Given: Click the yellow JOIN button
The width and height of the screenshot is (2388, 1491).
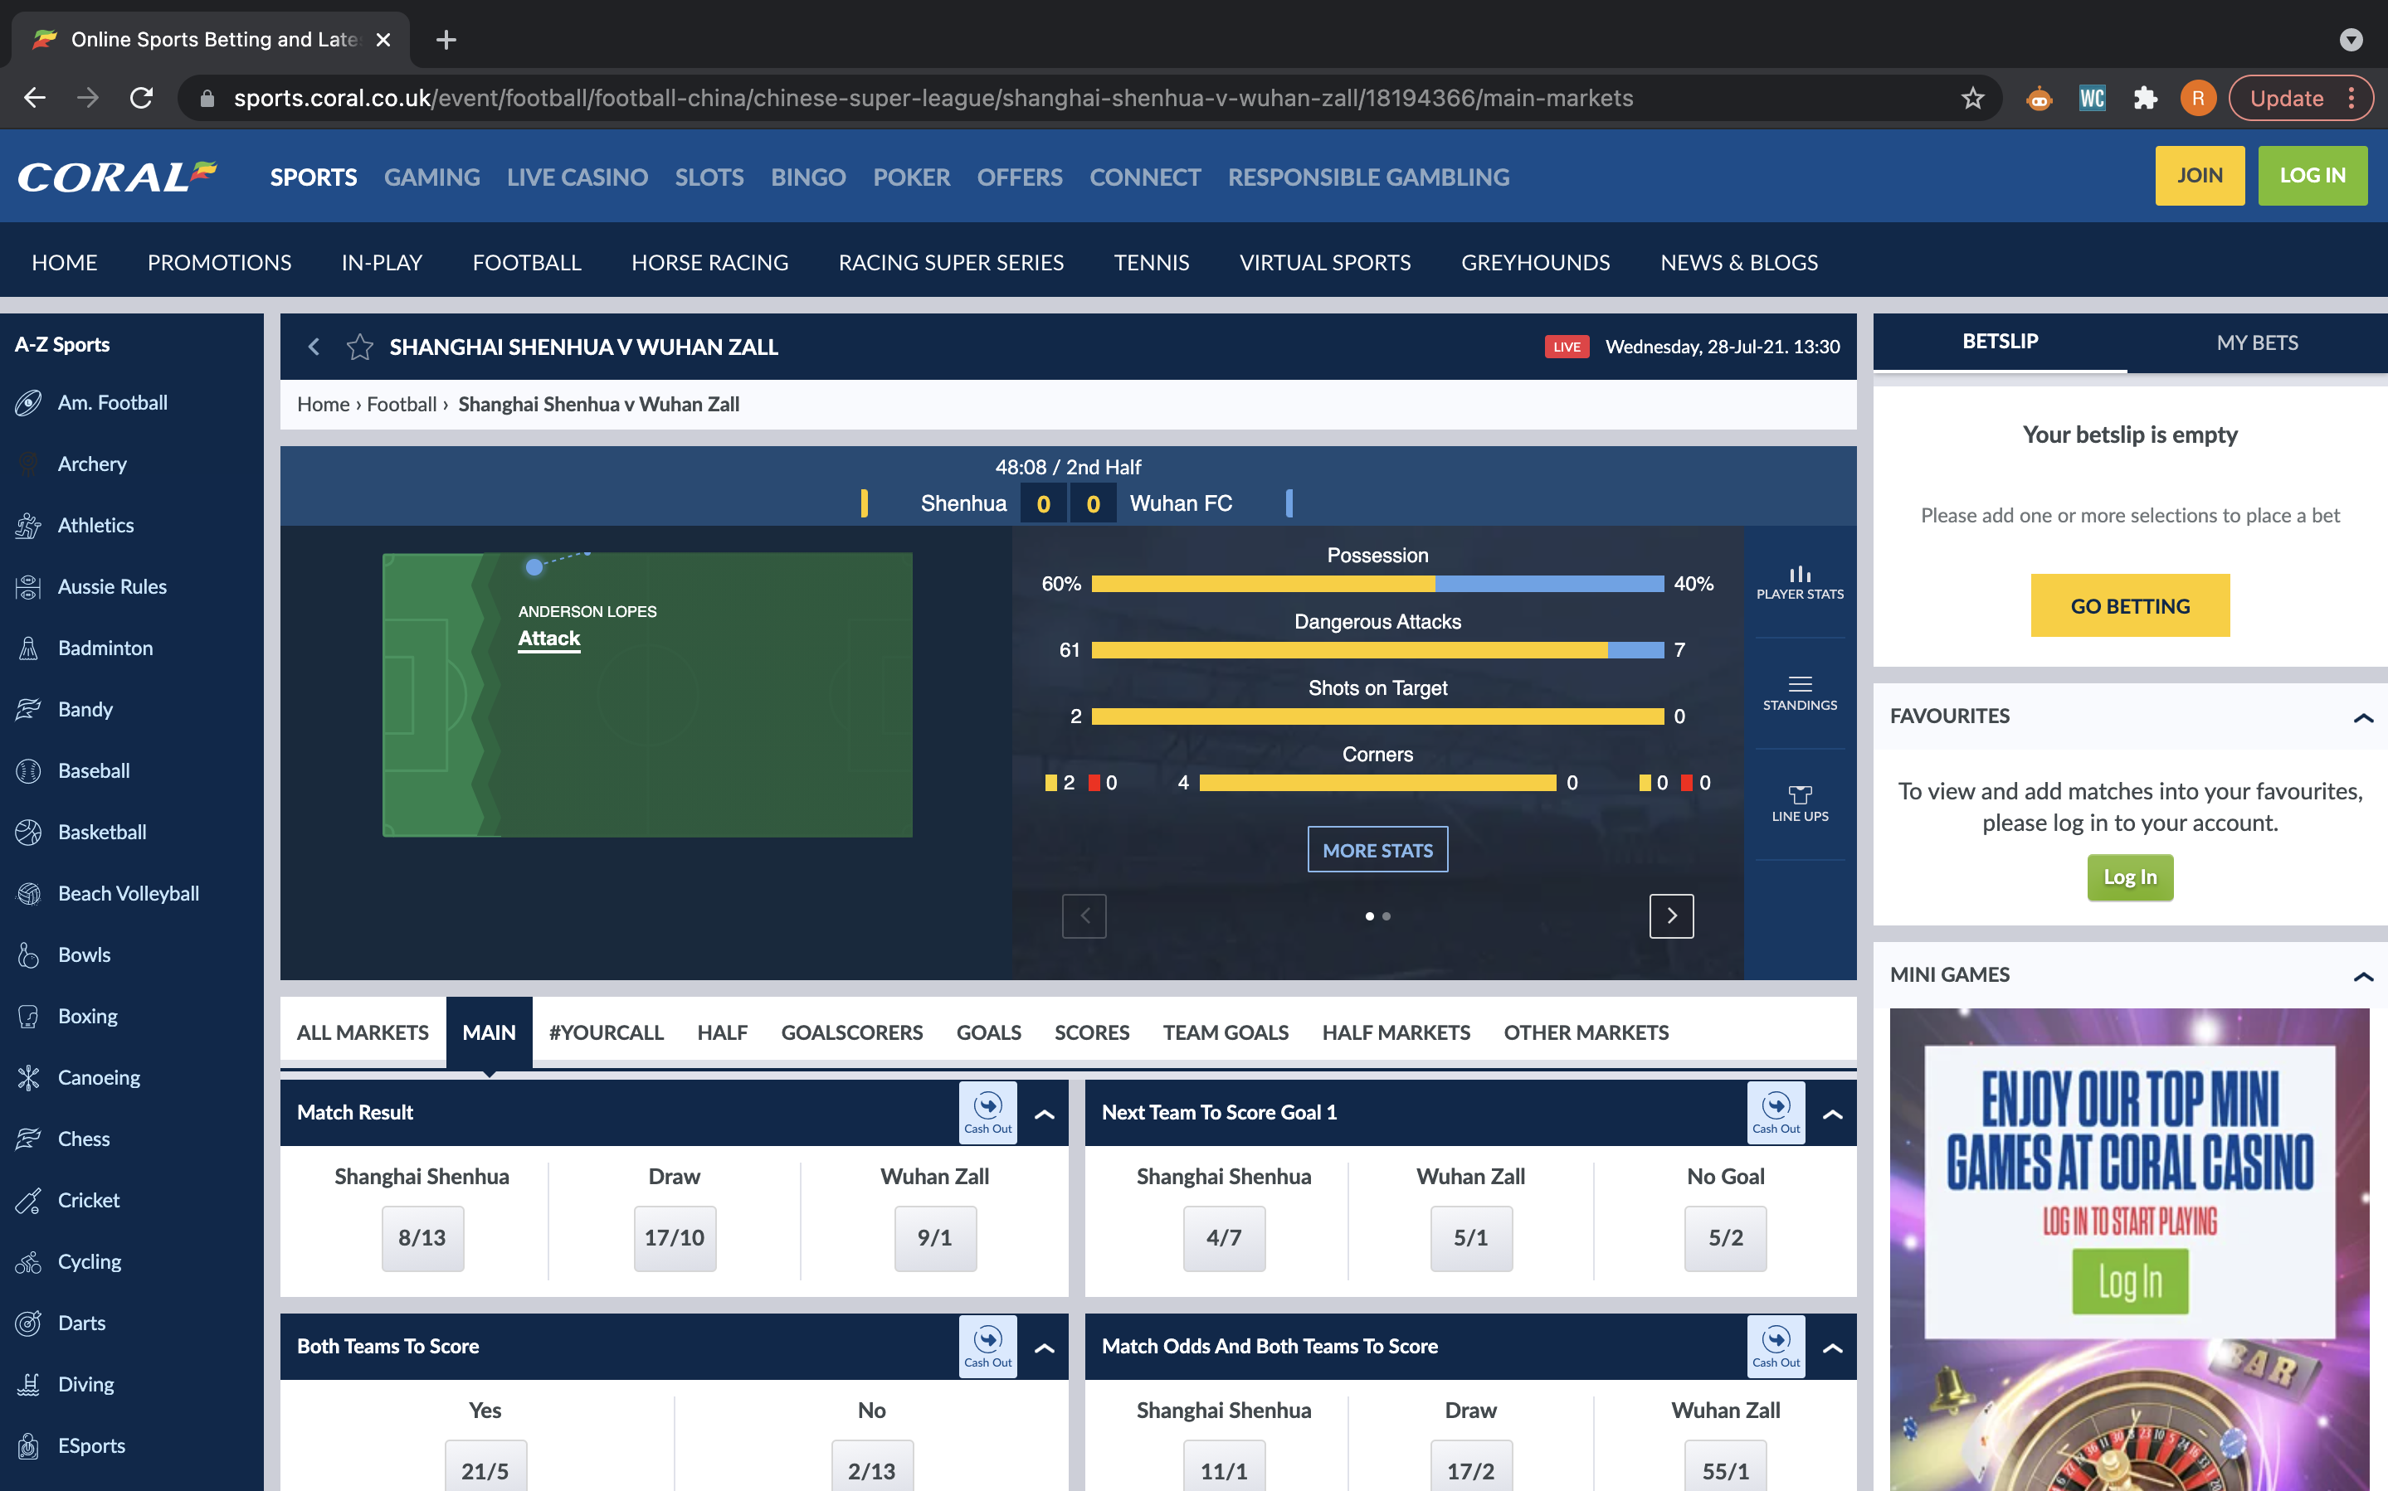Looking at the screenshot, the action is coord(2199,176).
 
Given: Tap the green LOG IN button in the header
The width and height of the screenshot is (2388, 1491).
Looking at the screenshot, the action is coord(2312,176).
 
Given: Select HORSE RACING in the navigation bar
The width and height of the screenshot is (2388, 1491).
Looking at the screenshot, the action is coord(709,262).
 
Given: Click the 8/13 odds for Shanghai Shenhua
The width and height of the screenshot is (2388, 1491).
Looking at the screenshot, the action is coord(422,1237).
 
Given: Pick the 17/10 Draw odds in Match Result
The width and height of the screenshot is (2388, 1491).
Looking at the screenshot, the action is coord(675,1237).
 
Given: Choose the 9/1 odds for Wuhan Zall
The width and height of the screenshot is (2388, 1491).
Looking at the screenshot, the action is coord(935,1237).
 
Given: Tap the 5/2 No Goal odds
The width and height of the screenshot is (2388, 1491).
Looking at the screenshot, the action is coord(1725,1237).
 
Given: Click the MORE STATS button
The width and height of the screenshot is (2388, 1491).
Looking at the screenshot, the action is coord(1377,849).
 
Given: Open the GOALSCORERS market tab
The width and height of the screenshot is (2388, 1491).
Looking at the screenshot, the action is coord(851,1032).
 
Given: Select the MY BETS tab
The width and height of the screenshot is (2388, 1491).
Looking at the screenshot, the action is coord(2257,342).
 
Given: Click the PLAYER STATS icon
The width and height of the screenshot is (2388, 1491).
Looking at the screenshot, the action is coord(1800,575).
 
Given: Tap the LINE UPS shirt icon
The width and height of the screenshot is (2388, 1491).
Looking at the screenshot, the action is coord(1800,794).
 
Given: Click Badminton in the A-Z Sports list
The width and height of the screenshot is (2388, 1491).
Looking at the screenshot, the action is coord(105,648).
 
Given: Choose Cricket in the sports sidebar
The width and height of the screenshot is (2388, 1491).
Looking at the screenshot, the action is coord(88,1200).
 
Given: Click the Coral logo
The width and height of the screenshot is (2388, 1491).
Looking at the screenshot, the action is coord(117,177).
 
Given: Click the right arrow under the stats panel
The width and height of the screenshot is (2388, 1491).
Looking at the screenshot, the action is coord(1671,916).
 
